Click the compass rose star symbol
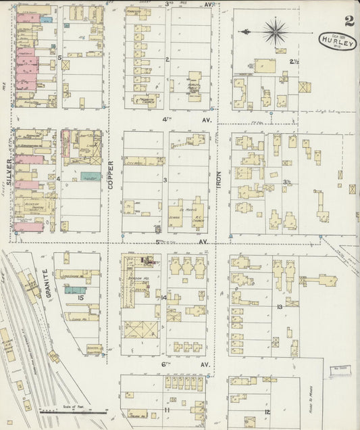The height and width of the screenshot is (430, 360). click(x=275, y=31)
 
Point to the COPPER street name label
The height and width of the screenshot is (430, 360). click(x=109, y=173)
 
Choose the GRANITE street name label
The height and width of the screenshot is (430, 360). click(x=46, y=282)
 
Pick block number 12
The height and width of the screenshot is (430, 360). click(x=267, y=412)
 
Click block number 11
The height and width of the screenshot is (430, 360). click(x=166, y=410)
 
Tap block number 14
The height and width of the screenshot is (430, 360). click(x=164, y=297)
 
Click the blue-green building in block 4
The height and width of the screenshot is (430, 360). click(x=91, y=176)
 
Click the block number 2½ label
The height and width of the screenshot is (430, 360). click(x=294, y=62)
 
